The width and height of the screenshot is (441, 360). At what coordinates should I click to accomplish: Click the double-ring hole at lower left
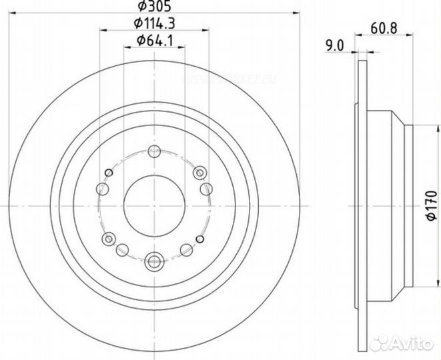107,239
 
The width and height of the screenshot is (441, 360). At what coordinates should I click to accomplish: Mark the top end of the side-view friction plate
360,60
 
